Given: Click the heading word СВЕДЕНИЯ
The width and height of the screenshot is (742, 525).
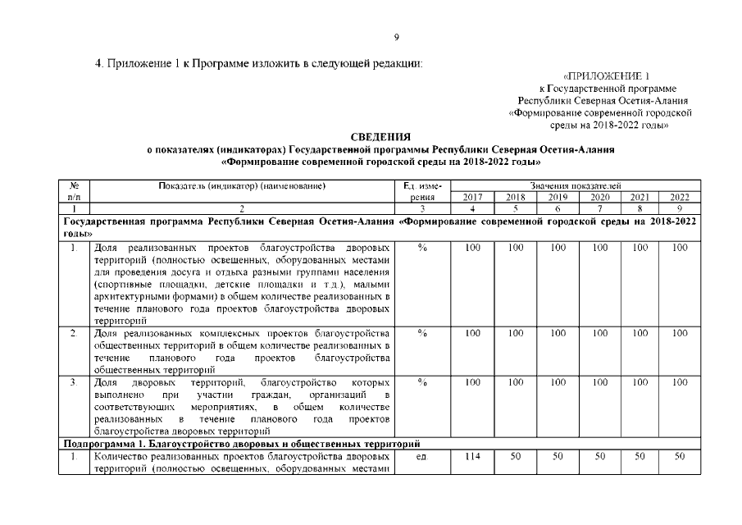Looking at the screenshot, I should [380, 136].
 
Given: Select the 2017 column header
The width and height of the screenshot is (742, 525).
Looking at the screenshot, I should [472, 198].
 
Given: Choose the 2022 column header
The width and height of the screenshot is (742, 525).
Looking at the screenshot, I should [680, 198].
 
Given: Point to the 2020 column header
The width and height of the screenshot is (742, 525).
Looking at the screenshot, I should [599, 198].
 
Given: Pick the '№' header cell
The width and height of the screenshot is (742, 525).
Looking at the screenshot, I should [74, 186].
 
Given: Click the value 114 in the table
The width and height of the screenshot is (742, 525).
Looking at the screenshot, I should [472, 456].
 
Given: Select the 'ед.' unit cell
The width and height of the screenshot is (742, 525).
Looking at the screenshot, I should [422, 456].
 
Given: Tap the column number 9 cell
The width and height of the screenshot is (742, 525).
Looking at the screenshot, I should [680, 209].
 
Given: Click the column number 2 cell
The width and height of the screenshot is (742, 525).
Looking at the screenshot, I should [242, 209].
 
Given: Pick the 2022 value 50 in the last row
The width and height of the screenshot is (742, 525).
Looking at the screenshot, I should [680, 456].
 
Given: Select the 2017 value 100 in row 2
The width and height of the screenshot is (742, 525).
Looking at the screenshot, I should [472, 334].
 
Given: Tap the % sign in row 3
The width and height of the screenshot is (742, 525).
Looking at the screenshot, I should [422, 382].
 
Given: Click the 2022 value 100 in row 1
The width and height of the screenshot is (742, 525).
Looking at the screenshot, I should [680, 247].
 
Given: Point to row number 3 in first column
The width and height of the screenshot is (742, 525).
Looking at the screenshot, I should [74, 382].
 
